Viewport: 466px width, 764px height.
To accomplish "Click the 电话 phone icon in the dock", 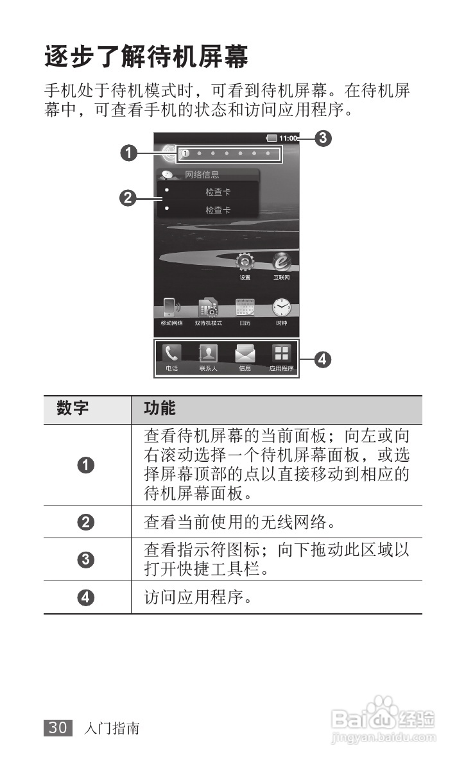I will tap(171, 354).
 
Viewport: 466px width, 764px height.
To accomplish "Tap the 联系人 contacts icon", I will tap(208, 354).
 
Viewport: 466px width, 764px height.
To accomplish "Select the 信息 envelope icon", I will tap(245, 354).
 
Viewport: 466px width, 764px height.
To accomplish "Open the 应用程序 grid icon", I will tap(281, 354).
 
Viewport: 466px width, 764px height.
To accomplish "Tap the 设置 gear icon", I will tap(245, 263).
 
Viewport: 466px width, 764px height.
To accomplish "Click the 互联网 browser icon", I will tap(281, 263).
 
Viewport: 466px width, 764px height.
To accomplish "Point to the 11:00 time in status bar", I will tap(288, 138).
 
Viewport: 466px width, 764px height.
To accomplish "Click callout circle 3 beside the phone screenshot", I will tap(324, 137).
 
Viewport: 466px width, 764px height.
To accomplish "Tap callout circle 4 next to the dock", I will tap(324, 360).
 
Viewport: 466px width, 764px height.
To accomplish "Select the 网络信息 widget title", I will tap(202, 174).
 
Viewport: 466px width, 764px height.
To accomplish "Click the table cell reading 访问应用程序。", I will tap(196, 598).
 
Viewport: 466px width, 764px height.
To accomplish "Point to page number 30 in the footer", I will tap(58, 728).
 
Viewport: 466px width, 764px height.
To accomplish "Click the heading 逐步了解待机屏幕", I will tap(146, 58).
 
